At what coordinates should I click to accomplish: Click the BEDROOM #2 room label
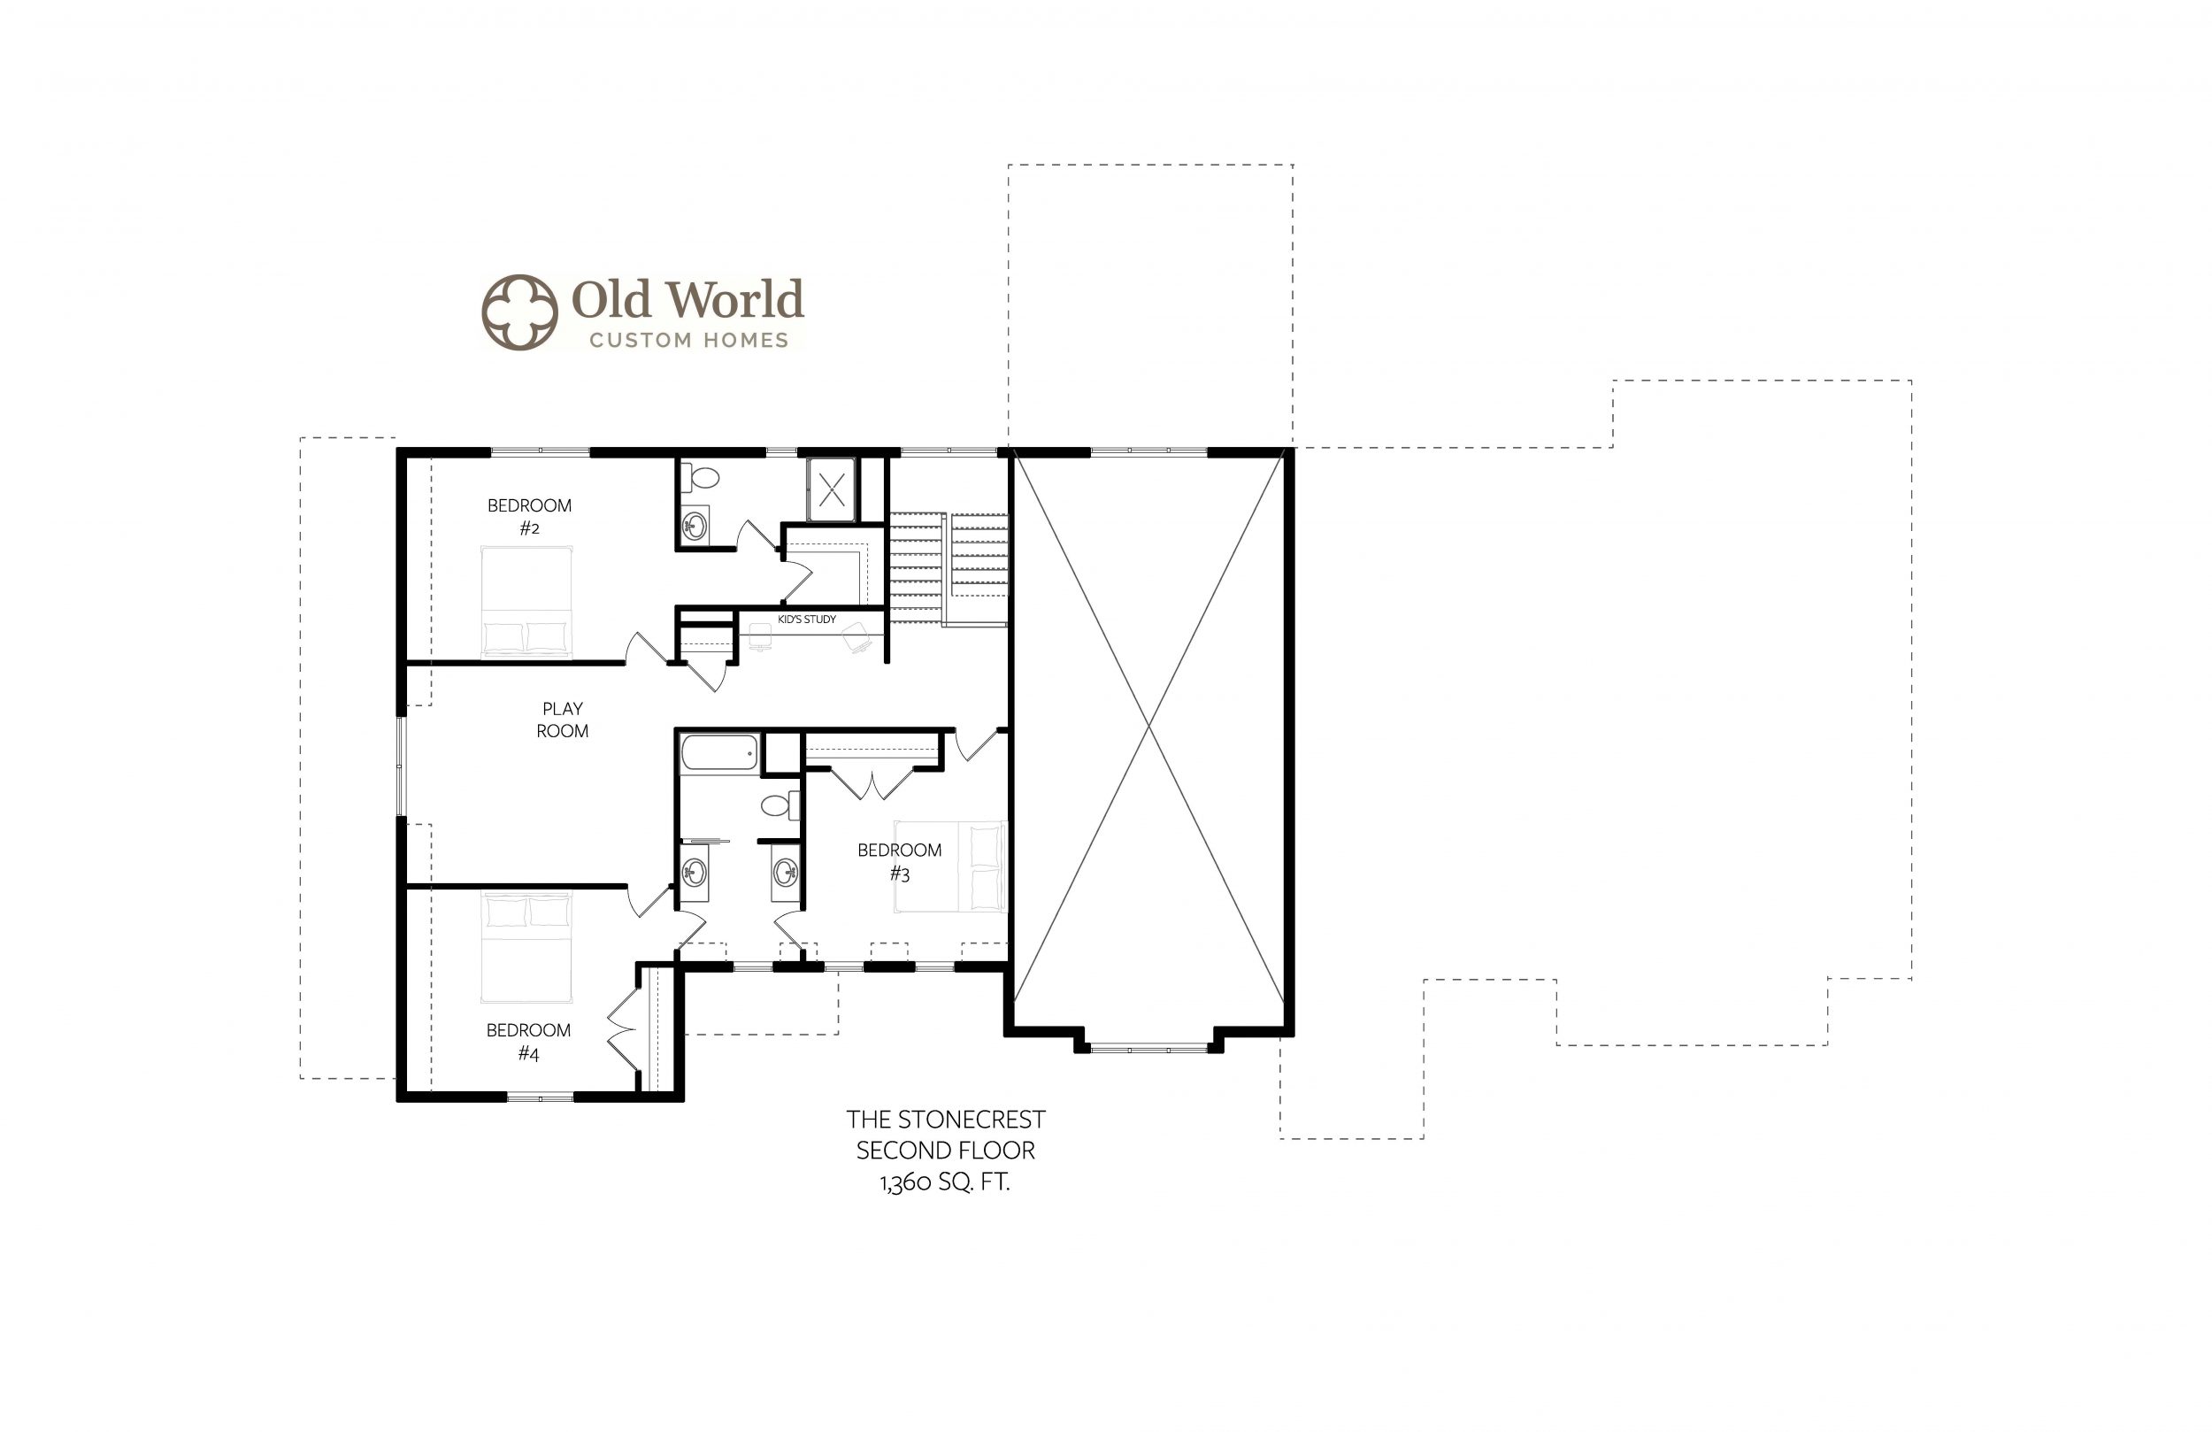pyautogui.click(x=529, y=517)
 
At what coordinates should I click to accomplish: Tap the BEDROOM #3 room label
pyautogui.click(x=899, y=862)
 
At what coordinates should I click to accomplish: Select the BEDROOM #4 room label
pyautogui.click(x=528, y=1042)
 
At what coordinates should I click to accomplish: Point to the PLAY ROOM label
pyautogui.click(x=563, y=720)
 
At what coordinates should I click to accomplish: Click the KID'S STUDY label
pyautogui.click(x=807, y=620)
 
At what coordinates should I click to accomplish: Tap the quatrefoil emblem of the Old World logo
pyautogui.click(x=519, y=312)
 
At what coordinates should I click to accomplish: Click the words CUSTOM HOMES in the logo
pyautogui.click(x=688, y=341)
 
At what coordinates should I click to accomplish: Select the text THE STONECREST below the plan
pyautogui.click(x=945, y=1120)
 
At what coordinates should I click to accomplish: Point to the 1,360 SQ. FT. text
pyautogui.click(x=945, y=1182)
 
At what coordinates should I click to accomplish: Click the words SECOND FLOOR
pyautogui.click(x=945, y=1151)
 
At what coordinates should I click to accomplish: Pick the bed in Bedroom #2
pyautogui.click(x=526, y=602)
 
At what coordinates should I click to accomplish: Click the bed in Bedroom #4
pyautogui.click(x=526, y=948)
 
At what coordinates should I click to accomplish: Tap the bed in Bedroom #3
pyautogui.click(x=950, y=866)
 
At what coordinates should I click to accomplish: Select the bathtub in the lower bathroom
pyautogui.click(x=719, y=752)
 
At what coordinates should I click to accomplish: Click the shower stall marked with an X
pyautogui.click(x=831, y=489)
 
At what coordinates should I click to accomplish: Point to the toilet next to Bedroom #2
pyautogui.click(x=701, y=478)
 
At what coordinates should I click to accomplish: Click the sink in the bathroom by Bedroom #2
pyautogui.click(x=695, y=527)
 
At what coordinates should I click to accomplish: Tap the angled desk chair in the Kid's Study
pyautogui.click(x=856, y=637)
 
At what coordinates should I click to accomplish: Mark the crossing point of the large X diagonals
pyautogui.click(x=1149, y=727)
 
